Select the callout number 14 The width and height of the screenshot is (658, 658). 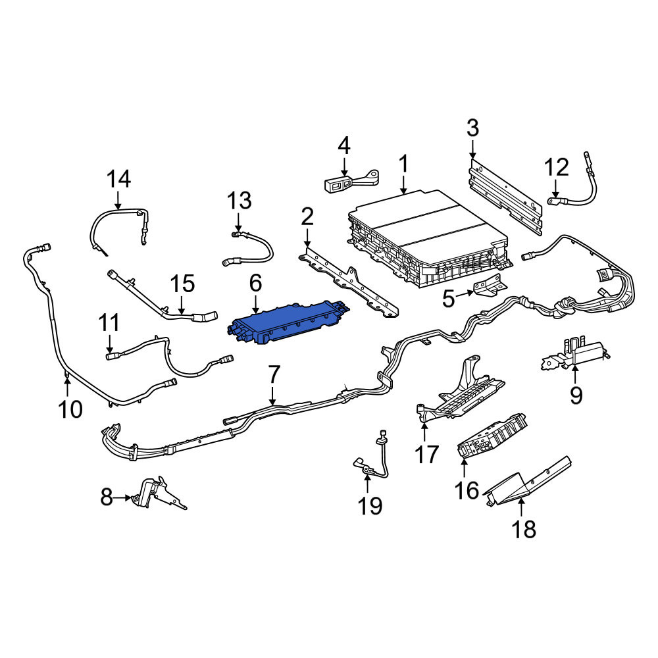coord(118,179)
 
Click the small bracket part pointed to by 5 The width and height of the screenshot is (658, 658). coord(488,287)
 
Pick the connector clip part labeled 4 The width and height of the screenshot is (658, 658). coord(351,181)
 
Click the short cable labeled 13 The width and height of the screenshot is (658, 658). coord(247,249)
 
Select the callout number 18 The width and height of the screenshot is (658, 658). coord(524,529)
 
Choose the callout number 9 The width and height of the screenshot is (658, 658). coord(576,394)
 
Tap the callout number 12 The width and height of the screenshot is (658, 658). coord(557,166)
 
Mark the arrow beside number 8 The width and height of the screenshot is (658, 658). coord(122,497)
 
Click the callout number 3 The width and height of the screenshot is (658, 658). coord(472,128)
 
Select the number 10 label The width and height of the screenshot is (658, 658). coord(70,409)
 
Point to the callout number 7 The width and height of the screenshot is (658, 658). coord(273,375)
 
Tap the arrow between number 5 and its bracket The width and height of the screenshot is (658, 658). coord(465,294)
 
